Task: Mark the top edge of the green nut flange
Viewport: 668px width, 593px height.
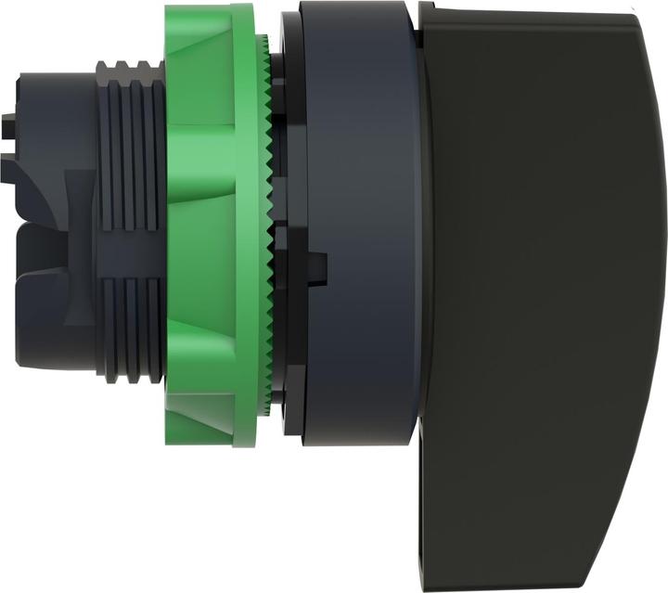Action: [x=209, y=9]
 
